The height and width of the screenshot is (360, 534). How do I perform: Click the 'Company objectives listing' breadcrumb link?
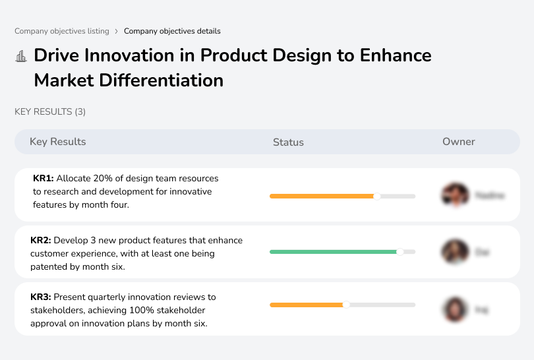pyautogui.click(x=63, y=31)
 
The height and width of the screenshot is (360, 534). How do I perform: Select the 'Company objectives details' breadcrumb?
pyautogui.click(x=172, y=31)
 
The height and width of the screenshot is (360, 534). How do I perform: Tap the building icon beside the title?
pyautogui.click(x=21, y=56)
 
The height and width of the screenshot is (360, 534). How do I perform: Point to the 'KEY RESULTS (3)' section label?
pyautogui.click(x=50, y=112)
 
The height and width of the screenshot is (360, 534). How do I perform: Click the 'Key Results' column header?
pyautogui.click(x=58, y=142)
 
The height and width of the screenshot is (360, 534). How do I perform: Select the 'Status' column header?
pyautogui.click(x=288, y=142)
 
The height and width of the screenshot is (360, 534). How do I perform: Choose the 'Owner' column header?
pyautogui.click(x=459, y=142)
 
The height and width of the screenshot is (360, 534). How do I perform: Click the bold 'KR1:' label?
pyautogui.click(x=44, y=179)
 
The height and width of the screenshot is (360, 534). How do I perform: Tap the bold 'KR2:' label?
pyautogui.click(x=41, y=241)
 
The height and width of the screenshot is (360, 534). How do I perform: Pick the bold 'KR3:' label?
pyautogui.click(x=41, y=297)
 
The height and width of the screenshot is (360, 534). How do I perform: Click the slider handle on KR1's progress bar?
pyautogui.click(x=377, y=196)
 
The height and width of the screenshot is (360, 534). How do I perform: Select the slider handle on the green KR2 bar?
pyautogui.click(x=400, y=252)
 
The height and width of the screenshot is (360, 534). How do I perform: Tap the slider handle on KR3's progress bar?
pyautogui.click(x=346, y=305)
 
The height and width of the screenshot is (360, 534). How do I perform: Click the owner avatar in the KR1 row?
pyautogui.click(x=455, y=195)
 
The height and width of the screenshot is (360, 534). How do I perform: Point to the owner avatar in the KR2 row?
pyautogui.click(x=455, y=252)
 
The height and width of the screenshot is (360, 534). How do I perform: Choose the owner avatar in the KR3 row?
pyautogui.click(x=455, y=309)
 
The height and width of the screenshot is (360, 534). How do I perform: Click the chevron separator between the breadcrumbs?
pyautogui.click(x=116, y=31)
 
